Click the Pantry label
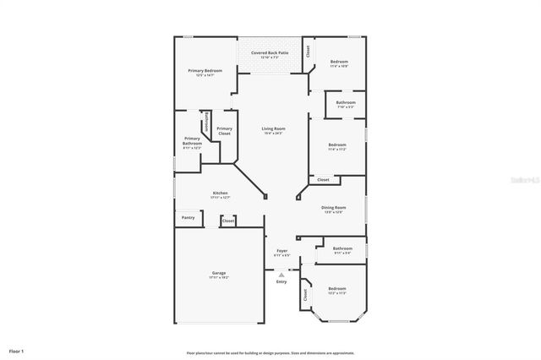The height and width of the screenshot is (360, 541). point(188,218)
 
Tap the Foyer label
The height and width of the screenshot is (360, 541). point(281,252)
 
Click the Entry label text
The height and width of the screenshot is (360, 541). point(281,281)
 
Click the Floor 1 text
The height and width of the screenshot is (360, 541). point(17,350)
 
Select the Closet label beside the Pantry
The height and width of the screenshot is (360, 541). point(227,221)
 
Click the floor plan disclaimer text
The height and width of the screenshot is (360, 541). point(270,352)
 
